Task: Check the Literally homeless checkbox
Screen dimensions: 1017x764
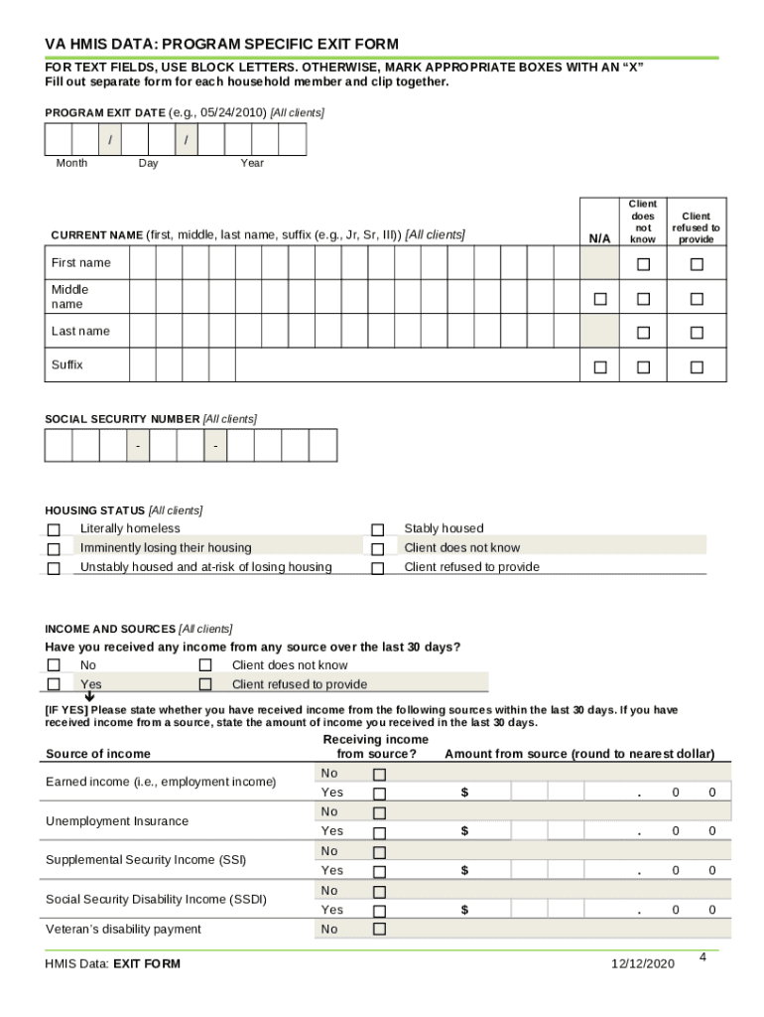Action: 54,530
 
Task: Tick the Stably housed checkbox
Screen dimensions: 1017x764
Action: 377,530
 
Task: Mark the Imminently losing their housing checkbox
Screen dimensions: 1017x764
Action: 54,549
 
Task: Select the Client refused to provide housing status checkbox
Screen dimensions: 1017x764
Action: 377,569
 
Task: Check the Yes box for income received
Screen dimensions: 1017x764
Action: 54,684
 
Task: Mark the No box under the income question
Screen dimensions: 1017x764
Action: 54,665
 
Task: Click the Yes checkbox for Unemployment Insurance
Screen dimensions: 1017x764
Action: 378,832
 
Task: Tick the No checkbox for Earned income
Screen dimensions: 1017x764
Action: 378,774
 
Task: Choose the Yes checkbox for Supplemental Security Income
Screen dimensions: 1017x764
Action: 378,871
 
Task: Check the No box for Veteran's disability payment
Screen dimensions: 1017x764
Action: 378,930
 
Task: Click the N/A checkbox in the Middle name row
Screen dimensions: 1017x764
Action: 599,299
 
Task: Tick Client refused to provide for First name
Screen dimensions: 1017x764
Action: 697,264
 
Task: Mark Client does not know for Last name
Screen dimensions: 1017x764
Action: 644,332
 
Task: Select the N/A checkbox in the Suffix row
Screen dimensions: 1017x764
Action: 599,367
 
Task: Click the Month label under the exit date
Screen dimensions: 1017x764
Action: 71,163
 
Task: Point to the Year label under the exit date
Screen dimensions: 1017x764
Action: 252,163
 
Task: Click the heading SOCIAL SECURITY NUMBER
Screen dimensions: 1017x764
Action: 122,419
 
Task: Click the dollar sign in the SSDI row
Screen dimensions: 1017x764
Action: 463,910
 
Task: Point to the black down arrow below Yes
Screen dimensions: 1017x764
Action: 89,697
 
